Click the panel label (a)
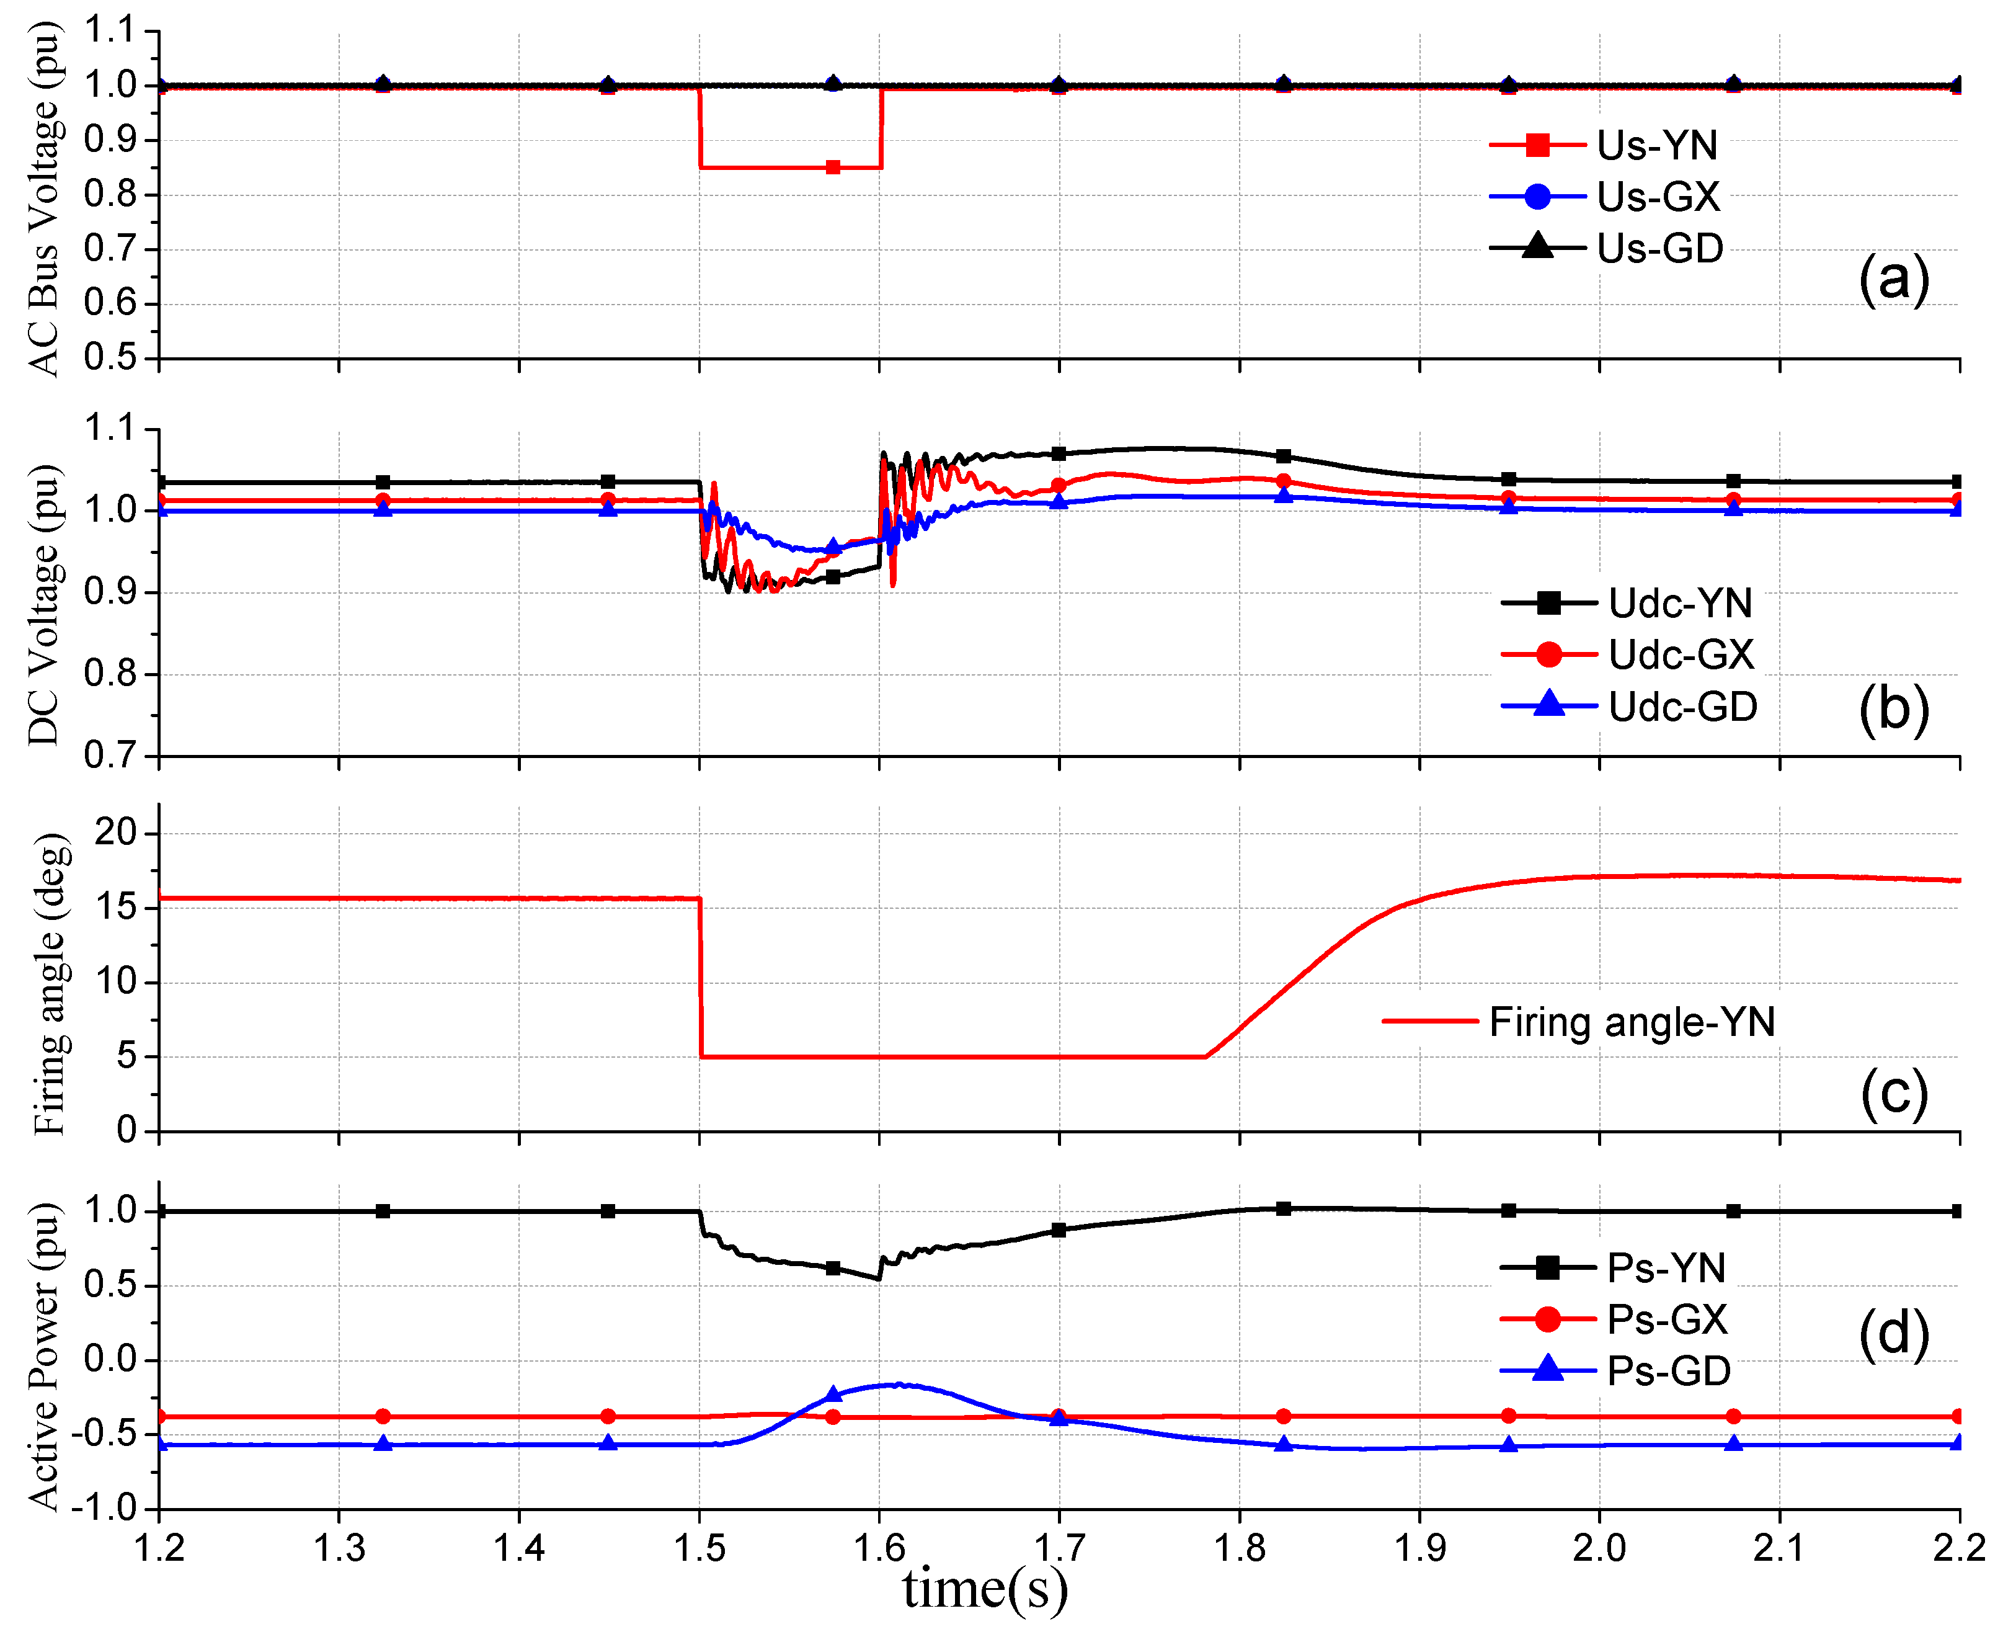(x=1893, y=278)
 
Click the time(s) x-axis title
(x=985, y=1589)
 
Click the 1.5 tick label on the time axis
(x=699, y=1547)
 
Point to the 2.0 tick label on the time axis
(x=1599, y=1547)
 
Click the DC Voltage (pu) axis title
(x=44, y=605)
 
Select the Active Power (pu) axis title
(x=44, y=1356)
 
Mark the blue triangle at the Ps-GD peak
(x=833, y=1395)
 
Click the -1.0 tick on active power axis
(x=111, y=1508)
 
